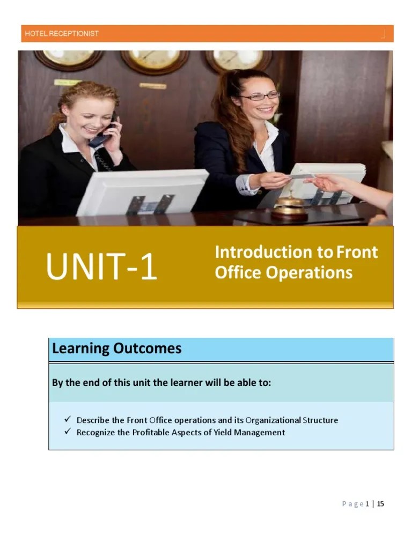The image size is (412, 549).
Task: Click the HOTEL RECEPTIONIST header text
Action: click(62, 33)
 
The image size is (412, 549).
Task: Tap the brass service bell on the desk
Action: click(289, 206)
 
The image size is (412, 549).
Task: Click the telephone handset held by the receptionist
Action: click(102, 135)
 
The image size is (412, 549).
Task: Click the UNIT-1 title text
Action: click(101, 267)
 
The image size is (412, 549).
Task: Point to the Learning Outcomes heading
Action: click(116, 349)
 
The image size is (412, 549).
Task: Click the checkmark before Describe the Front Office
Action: click(67, 420)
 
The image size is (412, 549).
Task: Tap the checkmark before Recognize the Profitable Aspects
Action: click(67, 432)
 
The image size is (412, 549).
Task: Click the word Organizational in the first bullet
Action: click(273, 420)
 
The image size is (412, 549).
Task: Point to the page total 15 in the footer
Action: click(380, 503)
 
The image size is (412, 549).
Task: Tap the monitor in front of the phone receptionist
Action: click(143, 191)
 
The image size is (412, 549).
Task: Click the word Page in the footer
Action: click(352, 504)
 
